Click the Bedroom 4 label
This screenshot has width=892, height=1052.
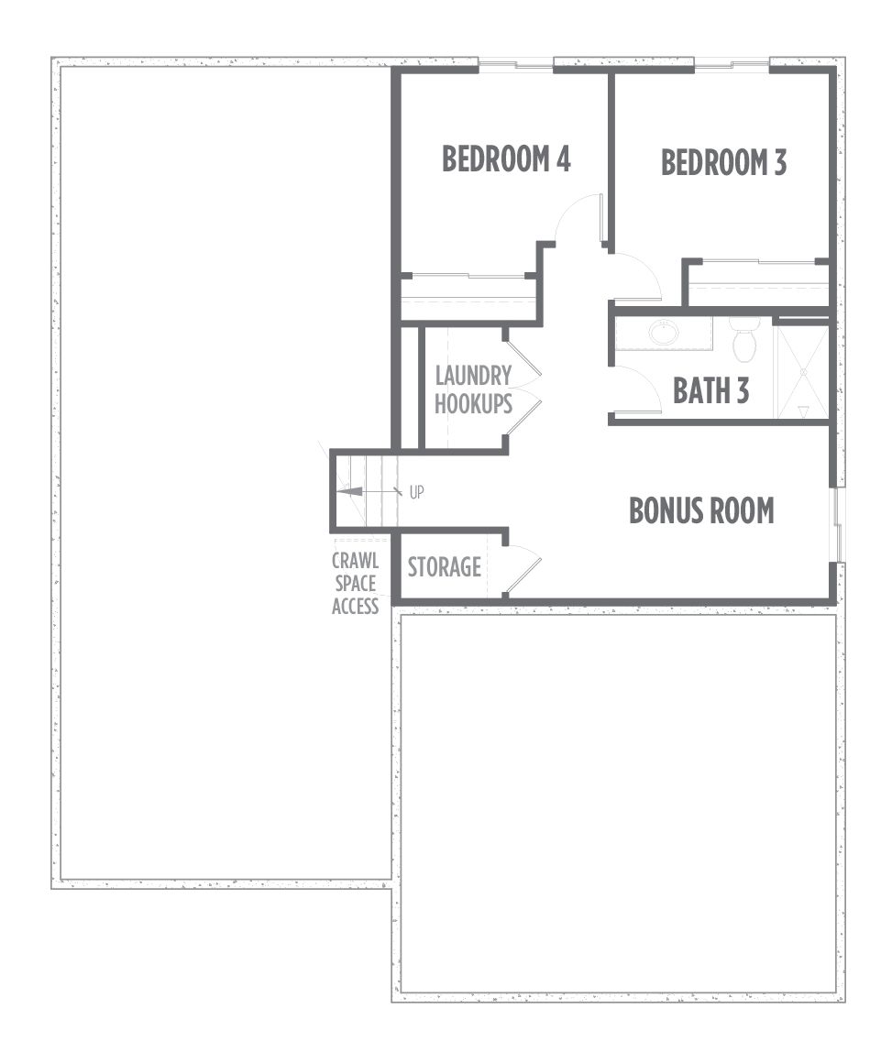506,159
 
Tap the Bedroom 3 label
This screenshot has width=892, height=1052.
723,162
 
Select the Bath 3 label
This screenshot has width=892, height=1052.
710,391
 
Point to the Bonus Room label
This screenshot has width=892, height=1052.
701,510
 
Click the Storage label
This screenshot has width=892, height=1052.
445,567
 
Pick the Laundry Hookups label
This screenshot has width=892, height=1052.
473,389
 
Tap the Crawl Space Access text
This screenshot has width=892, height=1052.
356,583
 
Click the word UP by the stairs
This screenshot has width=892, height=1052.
417,492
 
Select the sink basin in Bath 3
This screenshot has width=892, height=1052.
664,333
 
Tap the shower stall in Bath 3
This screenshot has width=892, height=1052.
803,372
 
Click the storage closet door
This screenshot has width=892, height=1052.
523,571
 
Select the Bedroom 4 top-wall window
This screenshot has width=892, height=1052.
515,65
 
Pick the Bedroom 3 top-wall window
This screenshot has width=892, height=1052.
732,65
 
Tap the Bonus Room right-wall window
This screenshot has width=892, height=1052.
838,525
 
